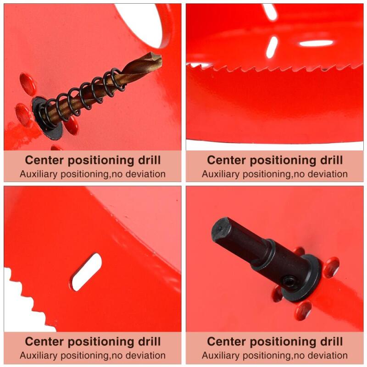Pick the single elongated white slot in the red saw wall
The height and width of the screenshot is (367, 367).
click(87, 272)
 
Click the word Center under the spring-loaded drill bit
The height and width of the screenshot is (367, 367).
click(44, 160)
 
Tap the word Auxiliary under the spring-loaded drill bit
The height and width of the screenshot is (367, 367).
click(39, 174)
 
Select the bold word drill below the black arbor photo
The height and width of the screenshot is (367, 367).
click(331, 341)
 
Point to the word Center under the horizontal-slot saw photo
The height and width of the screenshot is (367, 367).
click(226, 160)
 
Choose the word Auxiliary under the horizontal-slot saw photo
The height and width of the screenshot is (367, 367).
click(221, 174)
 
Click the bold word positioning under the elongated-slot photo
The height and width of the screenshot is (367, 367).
click(101, 342)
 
